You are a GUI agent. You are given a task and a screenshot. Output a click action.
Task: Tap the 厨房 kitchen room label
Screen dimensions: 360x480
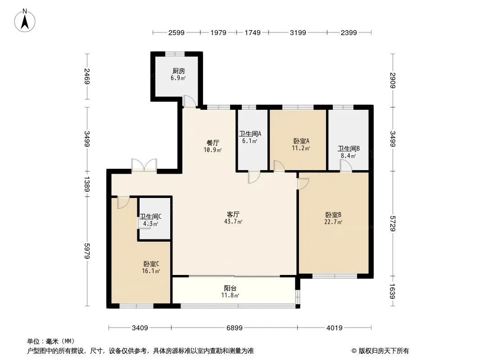(x=178, y=71)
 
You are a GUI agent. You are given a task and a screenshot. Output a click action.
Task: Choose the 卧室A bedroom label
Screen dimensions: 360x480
(x=301, y=140)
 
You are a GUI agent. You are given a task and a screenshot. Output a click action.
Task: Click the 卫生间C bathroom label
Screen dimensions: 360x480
(x=150, y=216)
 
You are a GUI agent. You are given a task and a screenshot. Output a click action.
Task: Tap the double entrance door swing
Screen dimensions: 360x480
(x=144, y=165)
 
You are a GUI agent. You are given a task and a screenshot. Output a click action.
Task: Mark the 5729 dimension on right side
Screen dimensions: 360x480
(x=393, y=223)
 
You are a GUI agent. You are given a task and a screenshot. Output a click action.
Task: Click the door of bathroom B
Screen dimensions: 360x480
(x=346, y=166)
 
